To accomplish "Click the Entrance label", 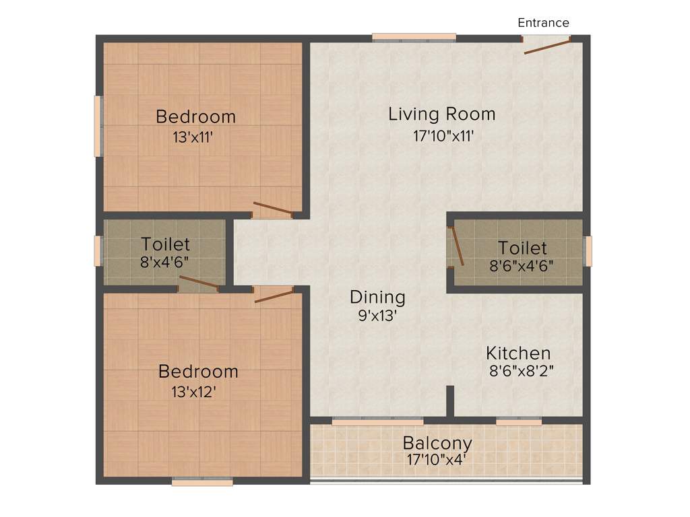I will (x=543, y=23).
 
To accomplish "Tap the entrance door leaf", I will (x=548, y=46).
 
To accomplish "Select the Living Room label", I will (x=441, y=114).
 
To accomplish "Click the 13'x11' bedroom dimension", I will (x=193, y=138).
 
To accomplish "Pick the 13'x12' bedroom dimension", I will (x=193, y=392).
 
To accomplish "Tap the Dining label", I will (x=377, y=297).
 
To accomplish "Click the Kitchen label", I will (x=518, y=353).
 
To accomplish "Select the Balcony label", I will (x=437, y=444).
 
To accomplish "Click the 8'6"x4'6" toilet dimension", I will (x=521, y=265).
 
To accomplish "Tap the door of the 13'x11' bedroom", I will (x=272, y=208).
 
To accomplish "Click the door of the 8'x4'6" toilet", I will (x=199, y=282).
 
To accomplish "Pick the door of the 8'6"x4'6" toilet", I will (x=457, y=246).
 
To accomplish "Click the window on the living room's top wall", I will (x=414, y=38).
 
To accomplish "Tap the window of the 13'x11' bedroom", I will (x=98, y=127).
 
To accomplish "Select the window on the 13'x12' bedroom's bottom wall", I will (x=202, y=481).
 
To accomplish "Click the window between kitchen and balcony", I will (x=519, y=421).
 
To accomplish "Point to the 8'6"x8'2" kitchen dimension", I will (x=521, y=370).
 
